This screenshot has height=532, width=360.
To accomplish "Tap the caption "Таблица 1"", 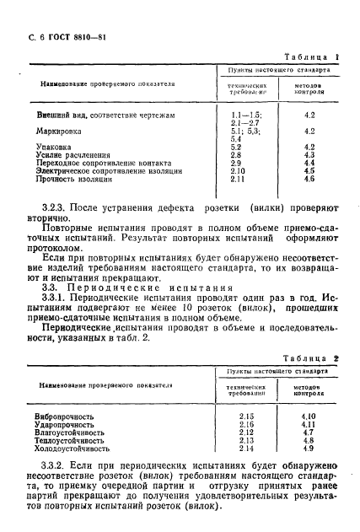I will click(x=312, y=56).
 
